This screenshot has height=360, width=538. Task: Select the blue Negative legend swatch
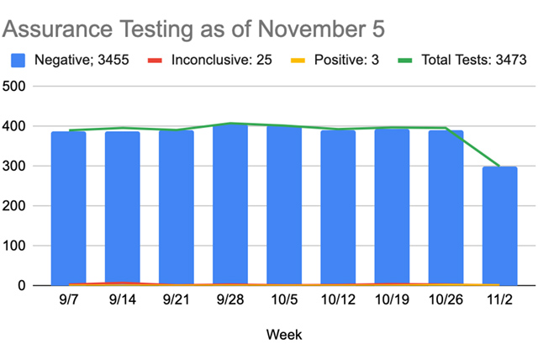pyautogui.click(x=19, y=61)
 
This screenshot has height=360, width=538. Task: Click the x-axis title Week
pyautogui.click(x=284, y=335)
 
